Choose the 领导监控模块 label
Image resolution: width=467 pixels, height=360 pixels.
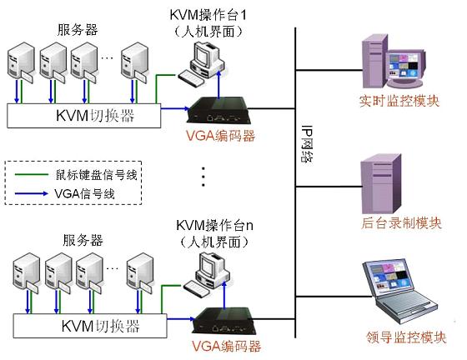[x=404, y=337]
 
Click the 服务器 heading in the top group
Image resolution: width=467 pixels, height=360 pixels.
[x=78, y=30]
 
